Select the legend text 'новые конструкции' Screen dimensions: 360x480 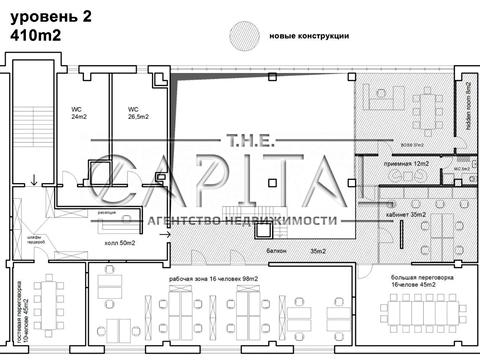[309, 36]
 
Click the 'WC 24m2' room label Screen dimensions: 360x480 [79, 112]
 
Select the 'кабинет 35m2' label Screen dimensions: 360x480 [404, 214]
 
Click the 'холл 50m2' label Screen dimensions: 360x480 [119, 242]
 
